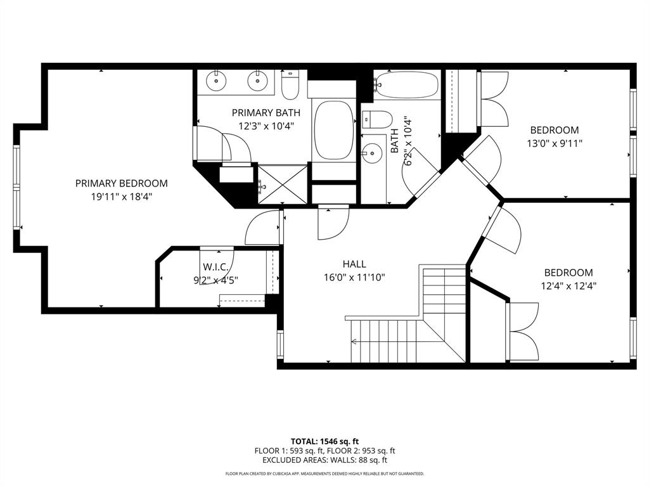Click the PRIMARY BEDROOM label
click(x=121, y=183)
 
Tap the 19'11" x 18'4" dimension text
click(x=121, y=197)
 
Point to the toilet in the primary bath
click(x=290, y=86)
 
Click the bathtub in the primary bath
click(x=333, y=131)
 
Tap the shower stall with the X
click(x=283, y=185)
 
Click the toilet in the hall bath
click(x=379, y=119)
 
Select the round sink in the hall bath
click(x=371, y=152)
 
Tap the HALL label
click(x=354, y=264)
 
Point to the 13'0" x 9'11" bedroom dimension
click(x=554, y=143)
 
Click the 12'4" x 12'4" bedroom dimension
click(x=568, y=285)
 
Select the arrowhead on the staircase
click(x=353, y=342)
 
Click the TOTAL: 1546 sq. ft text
click(x=324, y=441)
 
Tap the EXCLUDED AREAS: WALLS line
click(x=324, y=460)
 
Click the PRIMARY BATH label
click(x=266, y=113)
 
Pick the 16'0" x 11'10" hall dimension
click(x=354, y=277)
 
